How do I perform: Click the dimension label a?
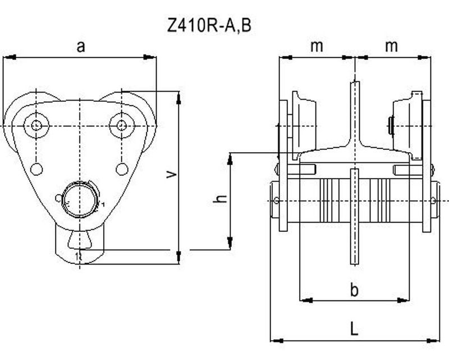[81, 46]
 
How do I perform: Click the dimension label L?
[354, 329]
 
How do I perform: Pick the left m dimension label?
[317, 46]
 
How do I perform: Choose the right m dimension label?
[391, 46]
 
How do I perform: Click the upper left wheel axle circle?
[36, 125]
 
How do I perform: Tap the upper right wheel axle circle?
[120, 125]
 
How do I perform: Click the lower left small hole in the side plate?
[36, 168]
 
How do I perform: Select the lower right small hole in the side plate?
[122, 168]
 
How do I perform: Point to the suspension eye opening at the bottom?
[80, 241]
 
